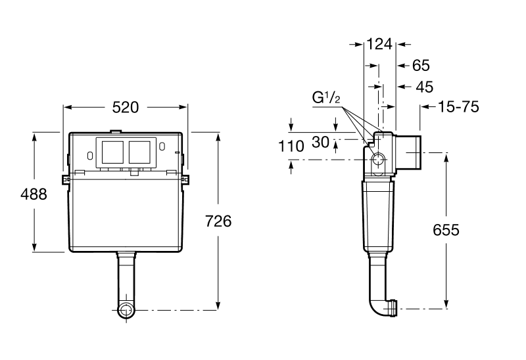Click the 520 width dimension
[x=125, y=107]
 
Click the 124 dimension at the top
[x=379, y=44]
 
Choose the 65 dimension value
[x=420, y=66]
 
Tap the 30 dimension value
[x=320, y=141]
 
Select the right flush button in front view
[x=140, y=152]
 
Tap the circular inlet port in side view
[x=379, y=160]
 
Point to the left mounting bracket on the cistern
[x=66, y=179]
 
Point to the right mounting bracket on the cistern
[x=185, y=179]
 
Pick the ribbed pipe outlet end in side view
[x=393, y=307]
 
